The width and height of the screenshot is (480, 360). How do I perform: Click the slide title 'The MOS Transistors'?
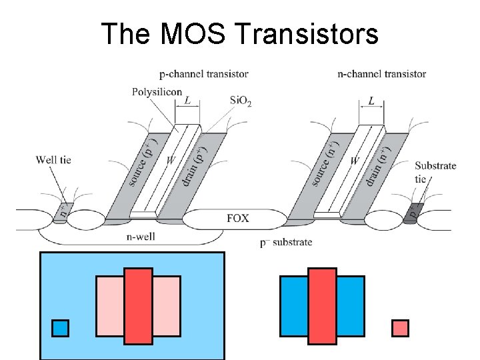239,33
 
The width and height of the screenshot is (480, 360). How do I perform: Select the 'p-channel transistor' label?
203,74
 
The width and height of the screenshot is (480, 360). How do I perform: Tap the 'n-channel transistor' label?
381,74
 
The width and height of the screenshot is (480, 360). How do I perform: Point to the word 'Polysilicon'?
157,92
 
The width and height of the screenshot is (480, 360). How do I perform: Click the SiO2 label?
241,100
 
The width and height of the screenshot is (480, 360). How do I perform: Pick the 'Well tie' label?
53,160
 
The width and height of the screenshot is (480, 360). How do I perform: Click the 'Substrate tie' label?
435,172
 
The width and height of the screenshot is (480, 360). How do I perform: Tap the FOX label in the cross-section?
239,218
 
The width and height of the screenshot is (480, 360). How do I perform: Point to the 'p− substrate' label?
286,242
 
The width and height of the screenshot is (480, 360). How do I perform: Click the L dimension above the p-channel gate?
188,101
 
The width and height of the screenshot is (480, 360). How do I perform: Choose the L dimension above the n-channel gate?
371,101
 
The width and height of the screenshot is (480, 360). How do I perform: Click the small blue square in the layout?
60,328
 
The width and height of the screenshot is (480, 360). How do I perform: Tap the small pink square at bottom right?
400,328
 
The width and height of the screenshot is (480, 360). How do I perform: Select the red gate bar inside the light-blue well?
138,306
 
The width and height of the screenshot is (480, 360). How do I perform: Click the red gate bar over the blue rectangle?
321,306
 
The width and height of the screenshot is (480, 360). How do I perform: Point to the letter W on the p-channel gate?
170,160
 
